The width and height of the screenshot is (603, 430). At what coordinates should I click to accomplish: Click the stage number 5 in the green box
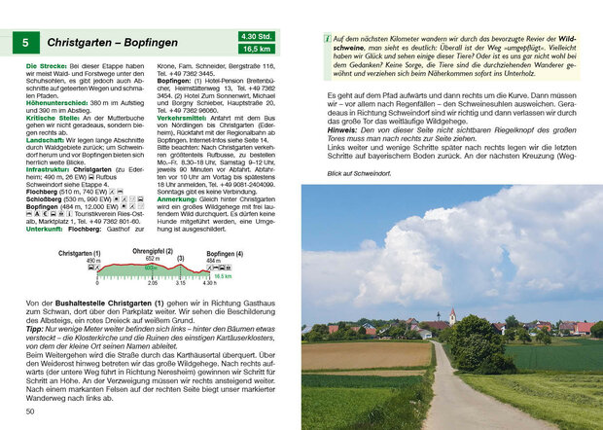(x=25, y=43)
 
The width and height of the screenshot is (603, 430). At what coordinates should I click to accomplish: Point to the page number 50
(x=31, y=412)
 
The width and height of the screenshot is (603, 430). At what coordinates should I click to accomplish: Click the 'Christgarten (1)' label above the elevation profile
(x=80, y=253)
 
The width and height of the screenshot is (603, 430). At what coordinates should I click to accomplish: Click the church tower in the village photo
(x=451, y=316)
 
